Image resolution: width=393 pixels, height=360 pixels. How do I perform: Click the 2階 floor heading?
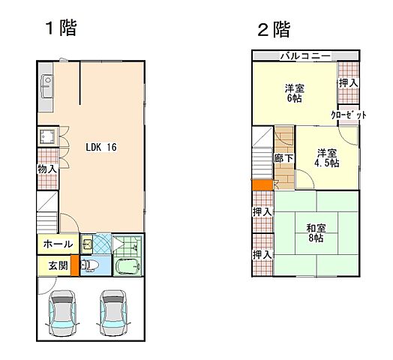coord(273,29)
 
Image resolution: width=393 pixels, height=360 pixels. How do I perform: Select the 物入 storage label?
coord(47,169)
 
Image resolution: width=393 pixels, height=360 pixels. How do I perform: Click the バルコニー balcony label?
coord(304,56)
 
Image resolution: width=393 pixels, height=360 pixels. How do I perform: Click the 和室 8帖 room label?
coord(314,233)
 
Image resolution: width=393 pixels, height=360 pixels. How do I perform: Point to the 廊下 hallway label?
coord(283,159)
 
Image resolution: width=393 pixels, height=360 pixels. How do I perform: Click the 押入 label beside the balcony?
coord(347,82)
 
